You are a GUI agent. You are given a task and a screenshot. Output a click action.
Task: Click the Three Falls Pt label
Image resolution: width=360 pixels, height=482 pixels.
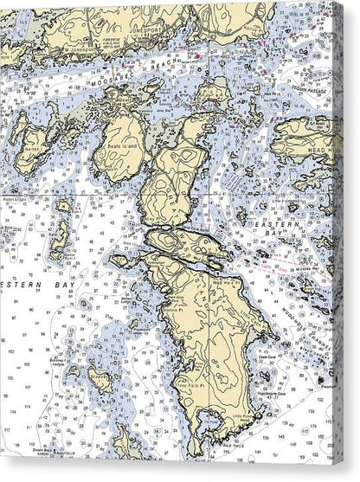coord(190,381)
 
